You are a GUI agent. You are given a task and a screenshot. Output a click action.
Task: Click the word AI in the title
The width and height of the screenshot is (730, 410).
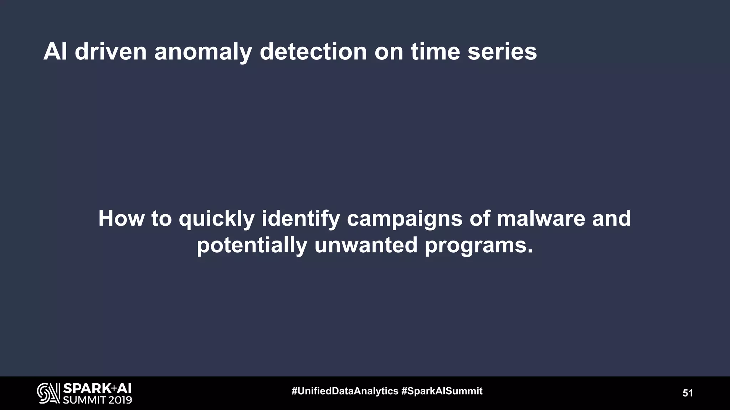coord(55,52)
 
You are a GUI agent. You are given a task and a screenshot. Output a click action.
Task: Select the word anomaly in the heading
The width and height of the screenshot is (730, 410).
coord(203,52)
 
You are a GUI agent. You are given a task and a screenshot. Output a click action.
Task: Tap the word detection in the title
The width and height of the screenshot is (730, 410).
coord(313,52)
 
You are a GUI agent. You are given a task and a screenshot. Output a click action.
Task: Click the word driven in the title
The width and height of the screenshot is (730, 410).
coord(110,52)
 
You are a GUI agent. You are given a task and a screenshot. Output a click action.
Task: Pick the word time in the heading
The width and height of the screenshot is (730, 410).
coord(435,52)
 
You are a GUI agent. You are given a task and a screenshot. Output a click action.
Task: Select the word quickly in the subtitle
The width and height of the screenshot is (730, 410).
coord(216,219)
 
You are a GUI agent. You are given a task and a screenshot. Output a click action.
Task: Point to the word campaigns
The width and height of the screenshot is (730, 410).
coord(404,219)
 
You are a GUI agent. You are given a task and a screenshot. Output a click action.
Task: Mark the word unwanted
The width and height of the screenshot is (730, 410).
coord(366,245)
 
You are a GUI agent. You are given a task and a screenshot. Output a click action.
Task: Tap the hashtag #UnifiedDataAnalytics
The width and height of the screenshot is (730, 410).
coord(345,391)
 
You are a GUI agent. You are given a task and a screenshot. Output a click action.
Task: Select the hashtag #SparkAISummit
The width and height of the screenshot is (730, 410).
coord(442,391)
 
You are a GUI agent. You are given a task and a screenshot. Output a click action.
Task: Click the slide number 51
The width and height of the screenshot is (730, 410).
coord(688,393)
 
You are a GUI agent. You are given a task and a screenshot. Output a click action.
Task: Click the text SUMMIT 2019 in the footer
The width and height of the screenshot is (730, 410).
coord(97,400)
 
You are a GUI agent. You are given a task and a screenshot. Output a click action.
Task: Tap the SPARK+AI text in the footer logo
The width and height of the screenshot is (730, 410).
coord(97,388)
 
